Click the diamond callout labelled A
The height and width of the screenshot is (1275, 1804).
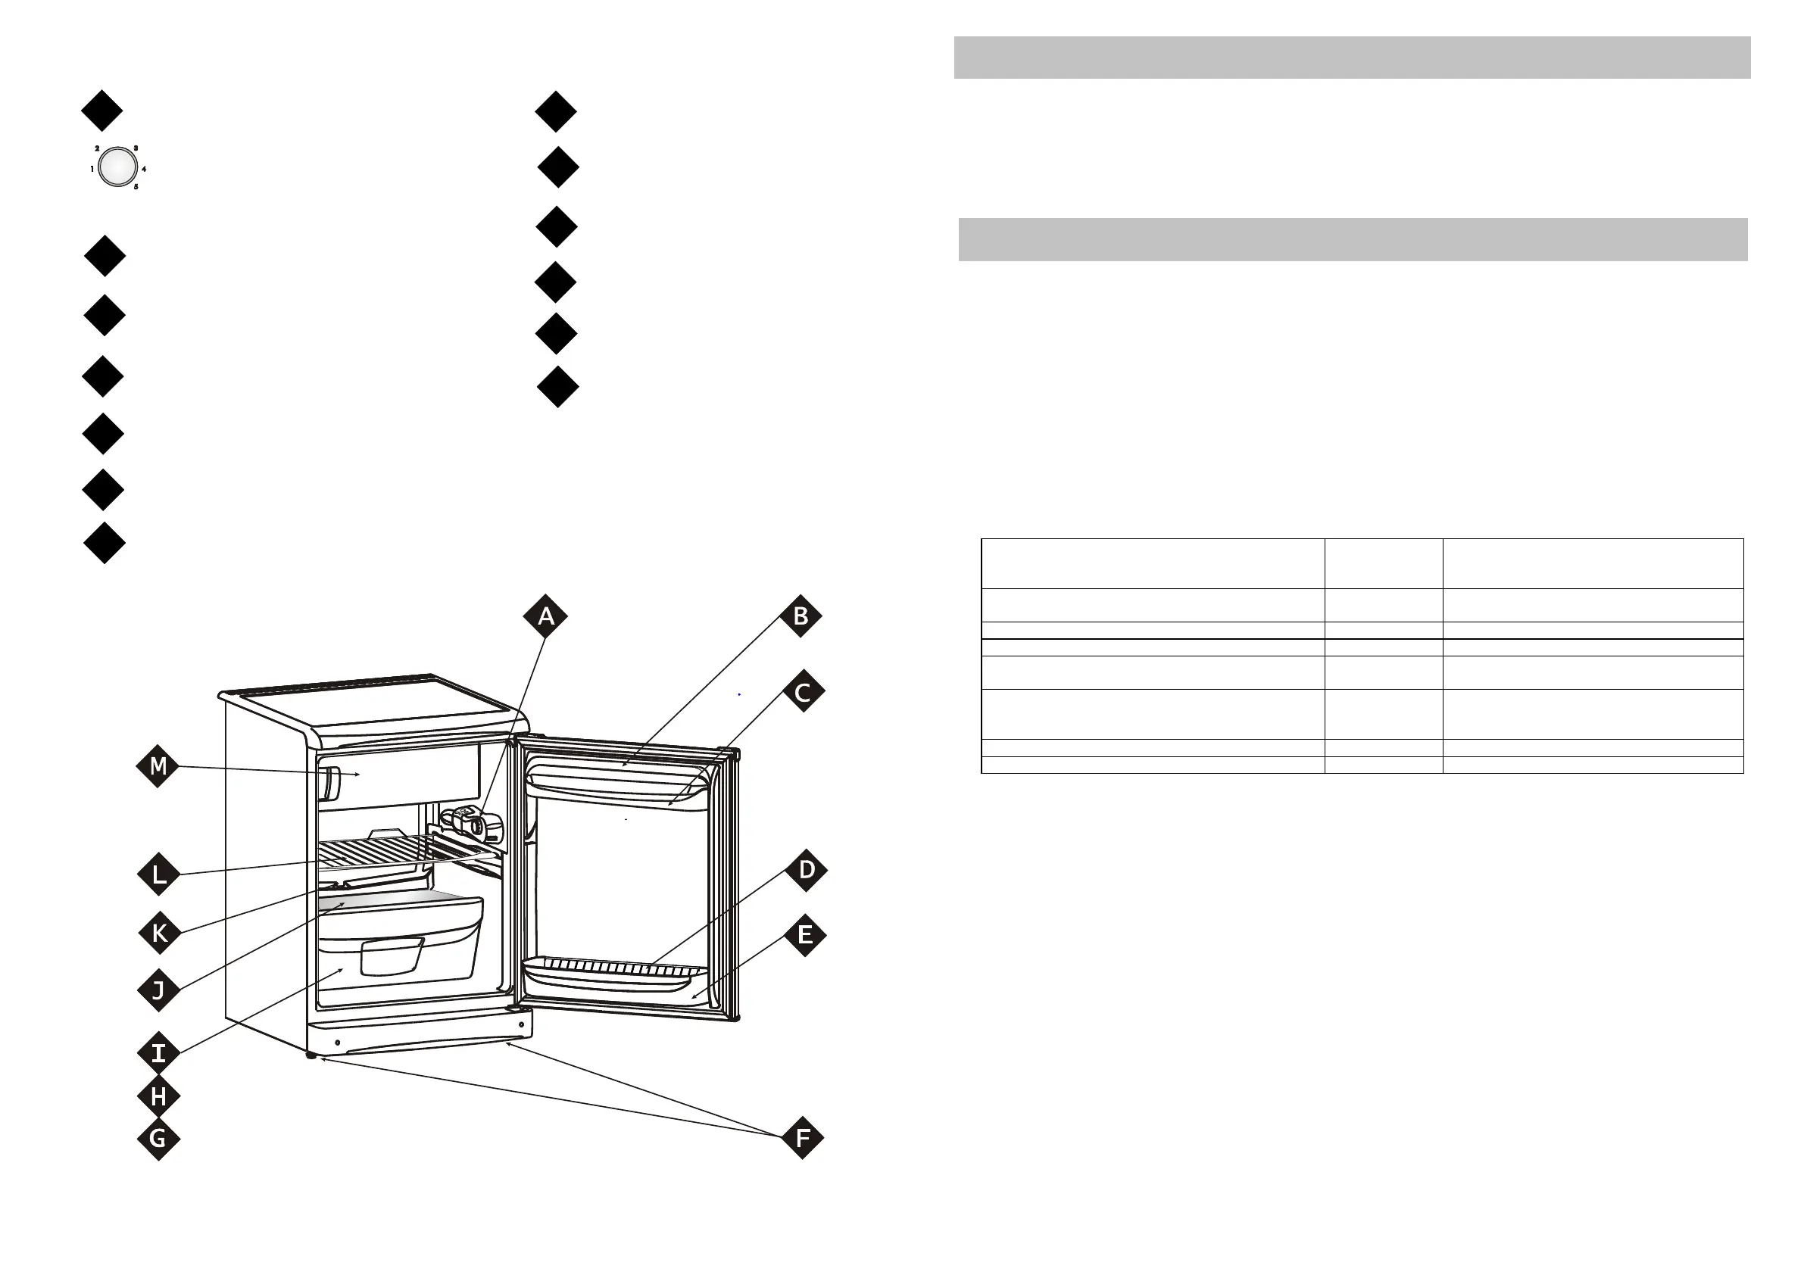[545, 617]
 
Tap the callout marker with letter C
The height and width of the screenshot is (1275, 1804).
[803, 692]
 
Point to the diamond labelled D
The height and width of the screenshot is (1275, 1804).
[806, 870]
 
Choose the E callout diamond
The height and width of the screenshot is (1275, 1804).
[804, 935]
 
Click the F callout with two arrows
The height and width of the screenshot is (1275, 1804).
[802, 1137]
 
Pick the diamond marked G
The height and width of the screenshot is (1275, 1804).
[158, 1138]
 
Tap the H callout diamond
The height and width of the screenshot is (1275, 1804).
[158, 1096]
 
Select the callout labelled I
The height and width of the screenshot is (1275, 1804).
[158, 1052]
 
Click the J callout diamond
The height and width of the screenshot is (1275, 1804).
[158, 990]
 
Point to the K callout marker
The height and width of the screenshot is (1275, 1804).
[160, 934]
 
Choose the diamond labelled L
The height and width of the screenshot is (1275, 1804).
[159, 874]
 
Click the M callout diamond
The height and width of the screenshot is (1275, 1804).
[158, 766]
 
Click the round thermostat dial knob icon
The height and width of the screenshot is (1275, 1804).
[117, 167]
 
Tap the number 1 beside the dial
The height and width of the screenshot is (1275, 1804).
[92, 169]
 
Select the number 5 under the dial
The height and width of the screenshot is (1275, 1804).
[135, 187]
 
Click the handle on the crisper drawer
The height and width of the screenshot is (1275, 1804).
[392, 956]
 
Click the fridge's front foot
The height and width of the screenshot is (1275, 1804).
[312, 1057]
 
